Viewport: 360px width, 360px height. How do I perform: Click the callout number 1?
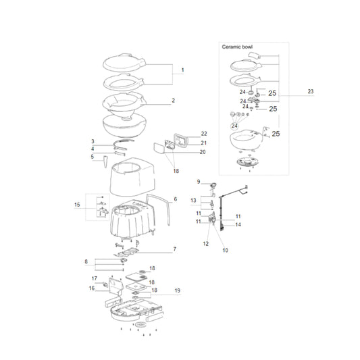183,70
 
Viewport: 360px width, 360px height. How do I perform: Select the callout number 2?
174,101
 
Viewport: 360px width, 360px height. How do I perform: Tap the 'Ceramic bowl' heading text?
237,47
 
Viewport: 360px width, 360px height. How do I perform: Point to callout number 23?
311,91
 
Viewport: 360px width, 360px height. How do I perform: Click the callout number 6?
176,199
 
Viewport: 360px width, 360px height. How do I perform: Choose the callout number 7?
175,249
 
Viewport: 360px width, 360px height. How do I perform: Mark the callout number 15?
77,205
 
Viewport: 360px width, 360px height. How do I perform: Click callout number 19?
178,290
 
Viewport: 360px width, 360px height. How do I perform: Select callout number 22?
204,134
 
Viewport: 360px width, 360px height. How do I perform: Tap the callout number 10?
225,251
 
